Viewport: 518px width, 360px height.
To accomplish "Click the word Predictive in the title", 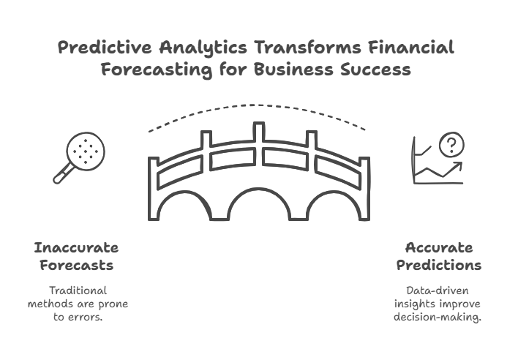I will coord(103,48).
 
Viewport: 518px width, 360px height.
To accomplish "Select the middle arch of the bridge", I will coord(258,208).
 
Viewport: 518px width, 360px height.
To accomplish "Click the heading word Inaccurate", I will coord(76,247).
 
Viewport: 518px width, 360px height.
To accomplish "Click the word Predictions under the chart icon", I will coord(439,264).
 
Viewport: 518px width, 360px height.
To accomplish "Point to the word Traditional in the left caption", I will coord(76,290).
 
